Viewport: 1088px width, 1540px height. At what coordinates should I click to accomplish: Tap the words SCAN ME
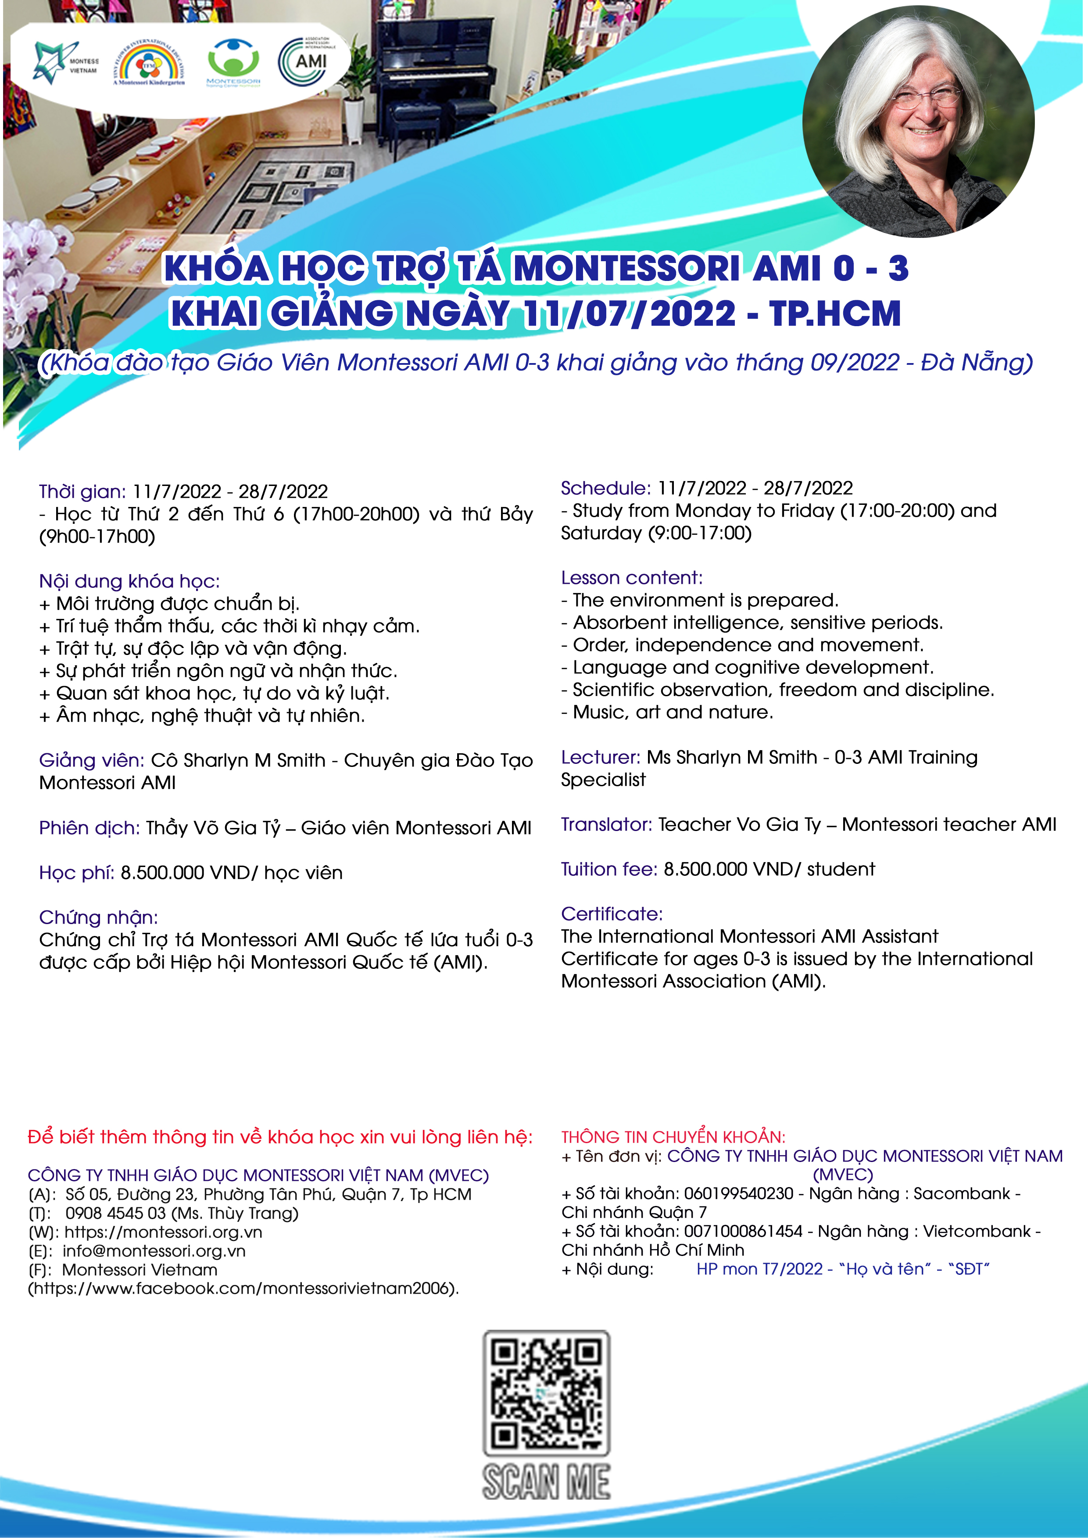point(546,1482)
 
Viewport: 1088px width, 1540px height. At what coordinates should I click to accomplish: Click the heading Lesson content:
point(631,578)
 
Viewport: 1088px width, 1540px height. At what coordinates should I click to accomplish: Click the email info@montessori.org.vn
point(154,1251)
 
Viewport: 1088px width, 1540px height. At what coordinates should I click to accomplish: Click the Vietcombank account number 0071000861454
point(743,1231)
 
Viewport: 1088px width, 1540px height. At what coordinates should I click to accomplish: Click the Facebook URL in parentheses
point(243,1288)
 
